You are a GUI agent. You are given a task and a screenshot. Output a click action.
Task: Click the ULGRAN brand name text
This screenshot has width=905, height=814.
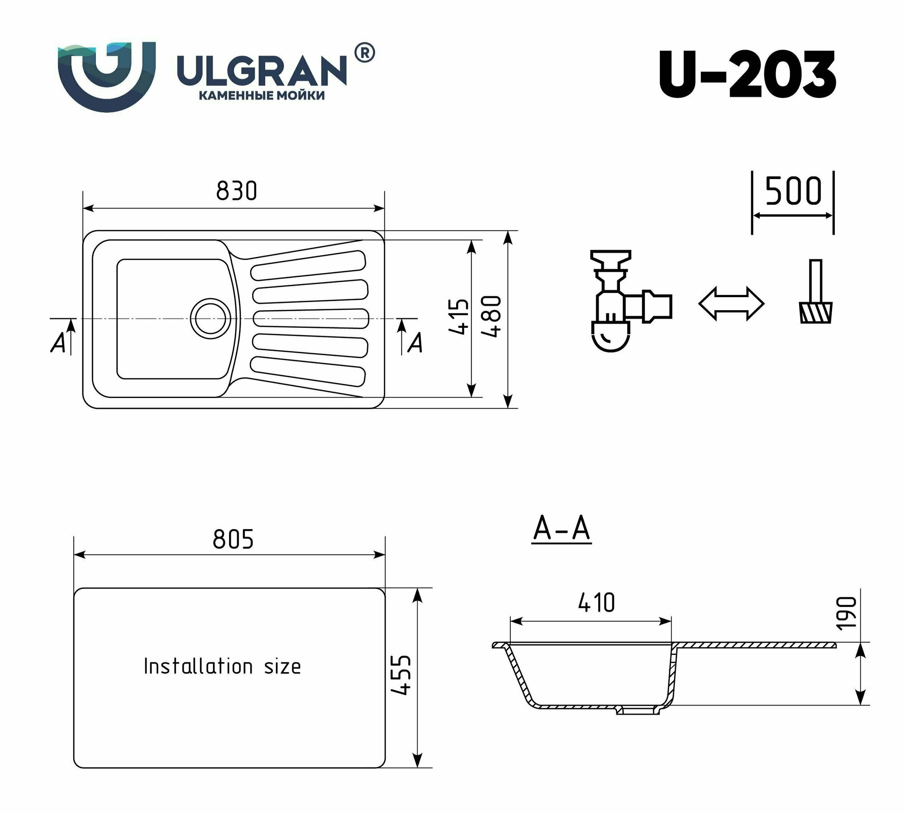click(262, 71)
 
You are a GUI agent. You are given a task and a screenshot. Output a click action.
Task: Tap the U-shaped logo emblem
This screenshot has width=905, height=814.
click(107, 75)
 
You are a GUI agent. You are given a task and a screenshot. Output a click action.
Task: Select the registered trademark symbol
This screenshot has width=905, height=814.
click(364, 53)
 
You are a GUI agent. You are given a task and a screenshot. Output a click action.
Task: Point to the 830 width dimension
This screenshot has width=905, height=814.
click(236, 191)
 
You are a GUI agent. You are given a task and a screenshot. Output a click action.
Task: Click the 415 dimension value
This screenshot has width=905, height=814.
click(458, 316)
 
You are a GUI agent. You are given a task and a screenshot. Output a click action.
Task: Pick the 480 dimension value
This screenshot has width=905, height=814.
click(491, 316)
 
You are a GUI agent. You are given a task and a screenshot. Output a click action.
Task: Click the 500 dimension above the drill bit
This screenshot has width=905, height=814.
click(793, 192)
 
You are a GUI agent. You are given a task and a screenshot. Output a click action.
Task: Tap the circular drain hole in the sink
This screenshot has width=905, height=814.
click(209, 316)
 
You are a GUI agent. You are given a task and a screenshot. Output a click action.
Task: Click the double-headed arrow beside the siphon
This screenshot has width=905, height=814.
click(731, 304)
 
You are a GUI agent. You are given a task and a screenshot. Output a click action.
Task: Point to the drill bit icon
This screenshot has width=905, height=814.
click(816, 293)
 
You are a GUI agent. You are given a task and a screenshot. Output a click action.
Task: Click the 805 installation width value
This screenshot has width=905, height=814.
click(233, 540)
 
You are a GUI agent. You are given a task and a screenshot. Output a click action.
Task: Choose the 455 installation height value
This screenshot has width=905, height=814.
click(400, 675)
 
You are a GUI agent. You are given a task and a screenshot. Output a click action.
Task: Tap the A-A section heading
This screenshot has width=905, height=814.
click(562, 529)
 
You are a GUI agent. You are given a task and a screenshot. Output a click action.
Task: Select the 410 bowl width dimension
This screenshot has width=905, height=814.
click(596, 603)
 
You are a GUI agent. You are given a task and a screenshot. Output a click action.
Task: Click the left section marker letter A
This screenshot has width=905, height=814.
click(58, 343)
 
